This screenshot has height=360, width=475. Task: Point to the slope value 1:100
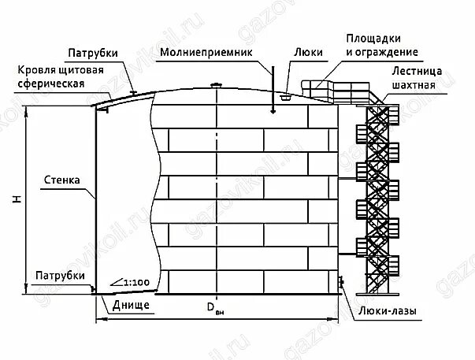pos(135,281)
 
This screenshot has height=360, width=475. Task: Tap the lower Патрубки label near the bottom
pos(60,274)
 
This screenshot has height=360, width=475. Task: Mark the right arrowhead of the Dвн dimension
pos(338,320)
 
